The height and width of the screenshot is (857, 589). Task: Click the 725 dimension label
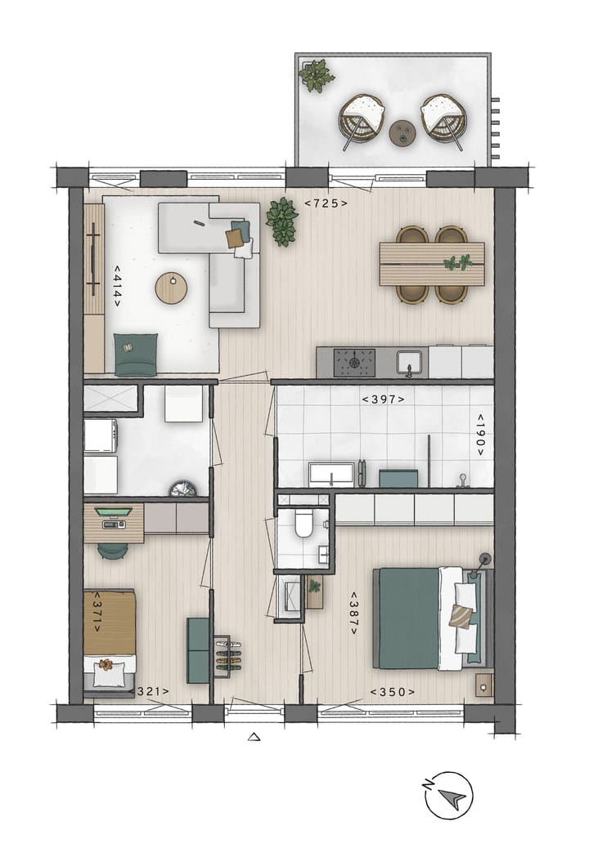[326, 203]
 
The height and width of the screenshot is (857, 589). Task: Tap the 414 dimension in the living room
[117, 285]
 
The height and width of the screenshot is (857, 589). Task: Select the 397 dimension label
[384, 399]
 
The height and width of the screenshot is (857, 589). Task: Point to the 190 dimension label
[480, 435]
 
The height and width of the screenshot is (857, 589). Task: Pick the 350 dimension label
[393, 692]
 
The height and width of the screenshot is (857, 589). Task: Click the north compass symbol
[448, 795]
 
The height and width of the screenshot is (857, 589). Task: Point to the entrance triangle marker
[254, 737]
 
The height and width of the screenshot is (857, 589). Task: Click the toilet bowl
[303, 524]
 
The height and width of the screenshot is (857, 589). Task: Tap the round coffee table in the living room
[172, 287]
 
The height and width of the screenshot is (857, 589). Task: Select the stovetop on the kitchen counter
[355, 362]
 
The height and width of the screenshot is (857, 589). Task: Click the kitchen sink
[408, 361]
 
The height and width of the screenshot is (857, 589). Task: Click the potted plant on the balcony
[316, 76]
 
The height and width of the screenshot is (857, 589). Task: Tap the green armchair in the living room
[136, 355]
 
